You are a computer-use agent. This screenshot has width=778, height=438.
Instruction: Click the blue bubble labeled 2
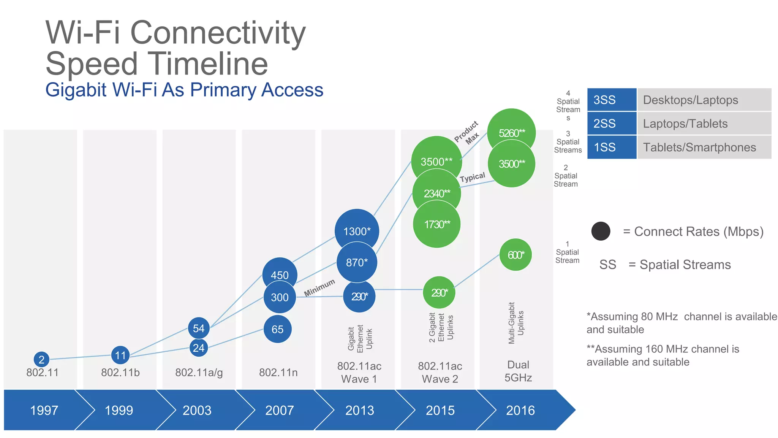click(x=41, y=359)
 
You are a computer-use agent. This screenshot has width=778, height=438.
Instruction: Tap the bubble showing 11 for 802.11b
click(x=120, y=355)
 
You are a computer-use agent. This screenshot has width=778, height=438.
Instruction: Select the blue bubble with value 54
click(x=199, y=328)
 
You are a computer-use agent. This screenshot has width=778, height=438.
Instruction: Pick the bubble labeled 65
click(x=277, y=329)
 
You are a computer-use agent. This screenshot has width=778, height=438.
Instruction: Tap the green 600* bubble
click(x=516, y=255)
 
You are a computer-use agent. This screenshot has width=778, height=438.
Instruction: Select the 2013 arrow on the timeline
click(x=359, y=410)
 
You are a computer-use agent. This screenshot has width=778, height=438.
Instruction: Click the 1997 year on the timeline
click(x=44, y=410)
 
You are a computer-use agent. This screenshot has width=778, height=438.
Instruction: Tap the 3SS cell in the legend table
click(x=612, y=100)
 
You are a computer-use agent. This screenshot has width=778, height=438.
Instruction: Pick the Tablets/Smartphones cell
click(x=704, y=147)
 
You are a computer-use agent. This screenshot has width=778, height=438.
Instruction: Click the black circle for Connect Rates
click(x=601, y=231)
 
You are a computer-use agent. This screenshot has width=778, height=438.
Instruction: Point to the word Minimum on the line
click(x=319, y=288)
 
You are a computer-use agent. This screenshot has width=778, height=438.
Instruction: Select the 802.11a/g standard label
click(x=199, y=372)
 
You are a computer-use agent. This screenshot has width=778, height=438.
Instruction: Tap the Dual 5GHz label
click(x=518, y=371)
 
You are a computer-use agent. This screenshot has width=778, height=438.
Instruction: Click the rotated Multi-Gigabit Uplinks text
click(x=516, y=323)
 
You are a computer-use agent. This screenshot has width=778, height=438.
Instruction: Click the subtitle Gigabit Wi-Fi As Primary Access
click(x=184, y=90)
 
